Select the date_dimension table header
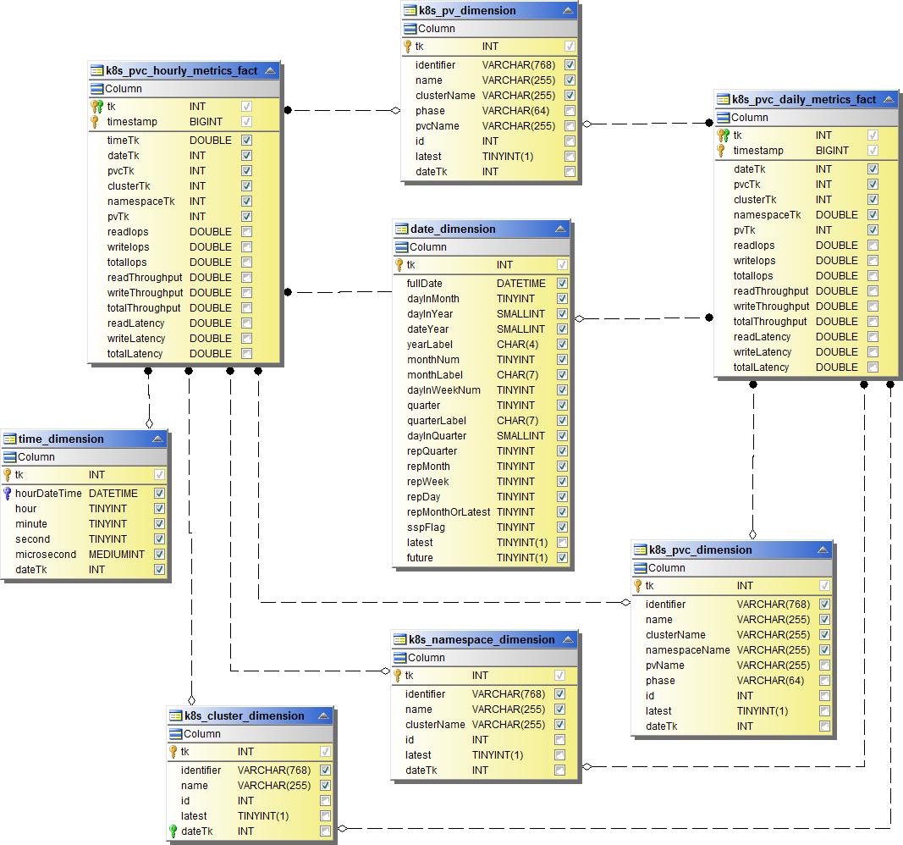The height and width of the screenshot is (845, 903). [x=453, y=229]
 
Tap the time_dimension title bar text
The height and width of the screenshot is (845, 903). [x=61, y=439]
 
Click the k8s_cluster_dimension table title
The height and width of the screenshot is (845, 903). [x=245, y=715]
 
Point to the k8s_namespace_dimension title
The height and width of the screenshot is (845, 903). [x=482, y=639]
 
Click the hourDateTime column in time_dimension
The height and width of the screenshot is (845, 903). [x=48, y=493]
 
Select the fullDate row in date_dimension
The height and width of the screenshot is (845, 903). [x=425, y=284]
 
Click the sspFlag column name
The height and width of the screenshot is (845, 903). [x=426, y=527]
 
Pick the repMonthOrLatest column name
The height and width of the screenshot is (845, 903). [x=449, y=512]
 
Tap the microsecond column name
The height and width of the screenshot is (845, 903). [x=46, y=555]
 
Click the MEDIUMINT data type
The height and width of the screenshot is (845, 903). [x=117, y=555]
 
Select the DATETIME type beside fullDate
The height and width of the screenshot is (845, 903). [x=520, y=284]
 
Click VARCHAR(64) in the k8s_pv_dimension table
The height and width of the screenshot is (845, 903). [x=515, y=111]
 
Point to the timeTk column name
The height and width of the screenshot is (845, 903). [x=123, y=141]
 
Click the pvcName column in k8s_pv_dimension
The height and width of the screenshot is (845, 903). [x=438, y=126]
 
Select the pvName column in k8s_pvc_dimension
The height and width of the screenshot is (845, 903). [x=664, y=666]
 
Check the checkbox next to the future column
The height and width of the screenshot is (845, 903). [x=562, y=558]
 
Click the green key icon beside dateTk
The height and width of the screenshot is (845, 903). [x=173, y=831]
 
